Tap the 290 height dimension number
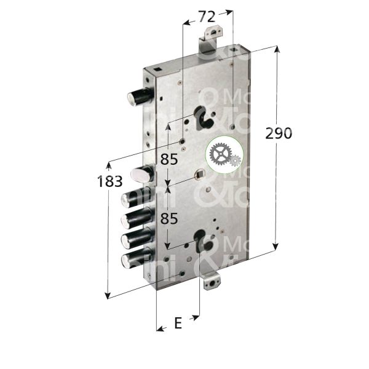[x=278, y=133]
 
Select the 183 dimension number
[x=110, y=181]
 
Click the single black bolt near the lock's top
[x=140, y=97]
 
